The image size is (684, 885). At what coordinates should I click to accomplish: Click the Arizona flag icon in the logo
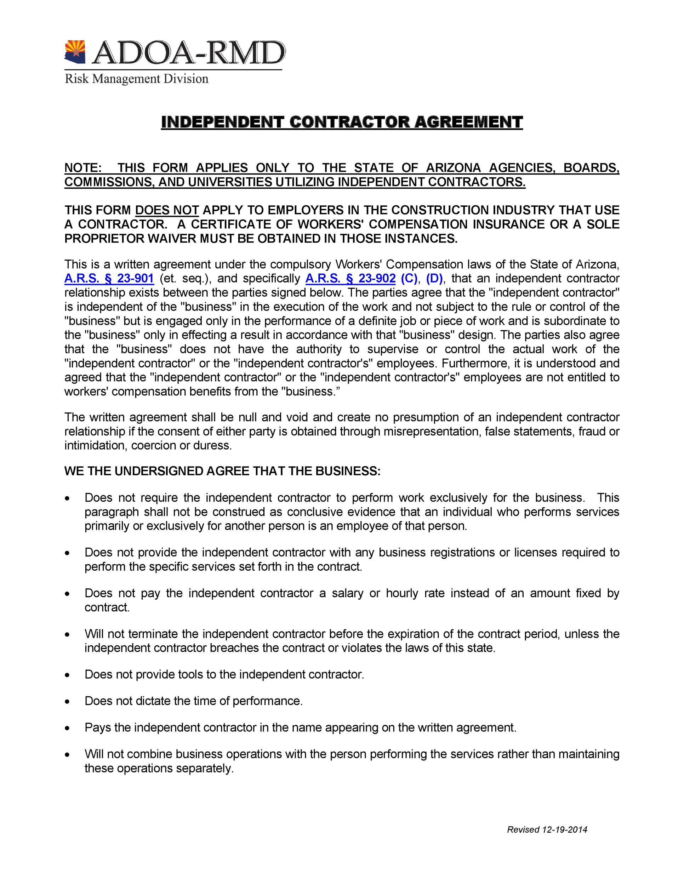75,52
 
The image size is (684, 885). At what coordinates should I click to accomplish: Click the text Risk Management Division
137,79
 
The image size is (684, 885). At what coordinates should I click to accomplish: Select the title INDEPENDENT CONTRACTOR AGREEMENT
342,122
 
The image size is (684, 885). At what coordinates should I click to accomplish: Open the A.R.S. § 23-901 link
109,278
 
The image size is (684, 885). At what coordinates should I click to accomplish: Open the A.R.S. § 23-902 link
350,278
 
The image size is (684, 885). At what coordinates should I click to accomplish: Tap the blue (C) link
409,278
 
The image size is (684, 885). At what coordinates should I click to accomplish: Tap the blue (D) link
434,278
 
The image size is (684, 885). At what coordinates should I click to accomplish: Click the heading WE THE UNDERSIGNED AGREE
222,471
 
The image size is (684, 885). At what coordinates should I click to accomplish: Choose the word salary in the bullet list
347,593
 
